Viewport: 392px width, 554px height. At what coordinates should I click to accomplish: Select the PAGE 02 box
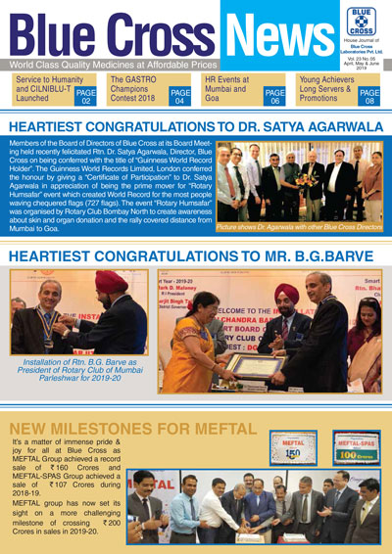click(x=86, y=95)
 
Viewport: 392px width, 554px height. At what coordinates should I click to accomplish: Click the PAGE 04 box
click(x=180, y=95)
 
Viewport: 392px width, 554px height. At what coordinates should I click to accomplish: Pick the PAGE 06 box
click(x=274, y=95)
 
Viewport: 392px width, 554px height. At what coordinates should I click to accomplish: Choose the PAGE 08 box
click(x=368, y=95)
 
